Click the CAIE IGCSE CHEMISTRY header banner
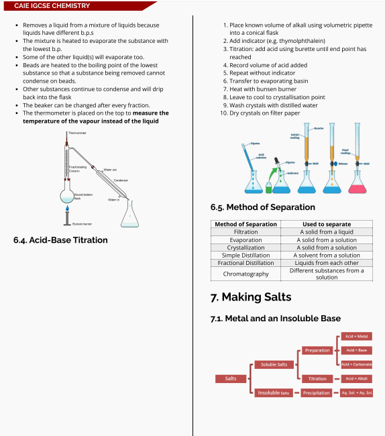tap(52, 6)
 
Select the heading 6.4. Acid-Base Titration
tap(60, 239)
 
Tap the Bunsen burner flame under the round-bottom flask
tap(66, 212)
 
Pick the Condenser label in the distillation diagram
tap(121, 180)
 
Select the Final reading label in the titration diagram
tap(345, 152)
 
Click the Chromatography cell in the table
tap(245, 274)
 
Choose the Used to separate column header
tap(327, 224)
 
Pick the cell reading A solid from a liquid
tap(327, 231)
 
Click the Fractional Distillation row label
tap(245, 263)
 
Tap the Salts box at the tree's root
tap(231, 378)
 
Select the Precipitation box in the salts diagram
tap(317, 392)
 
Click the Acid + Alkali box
tap(356, 378)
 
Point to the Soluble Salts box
tap(274, 364)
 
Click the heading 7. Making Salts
tap(251, 296)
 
